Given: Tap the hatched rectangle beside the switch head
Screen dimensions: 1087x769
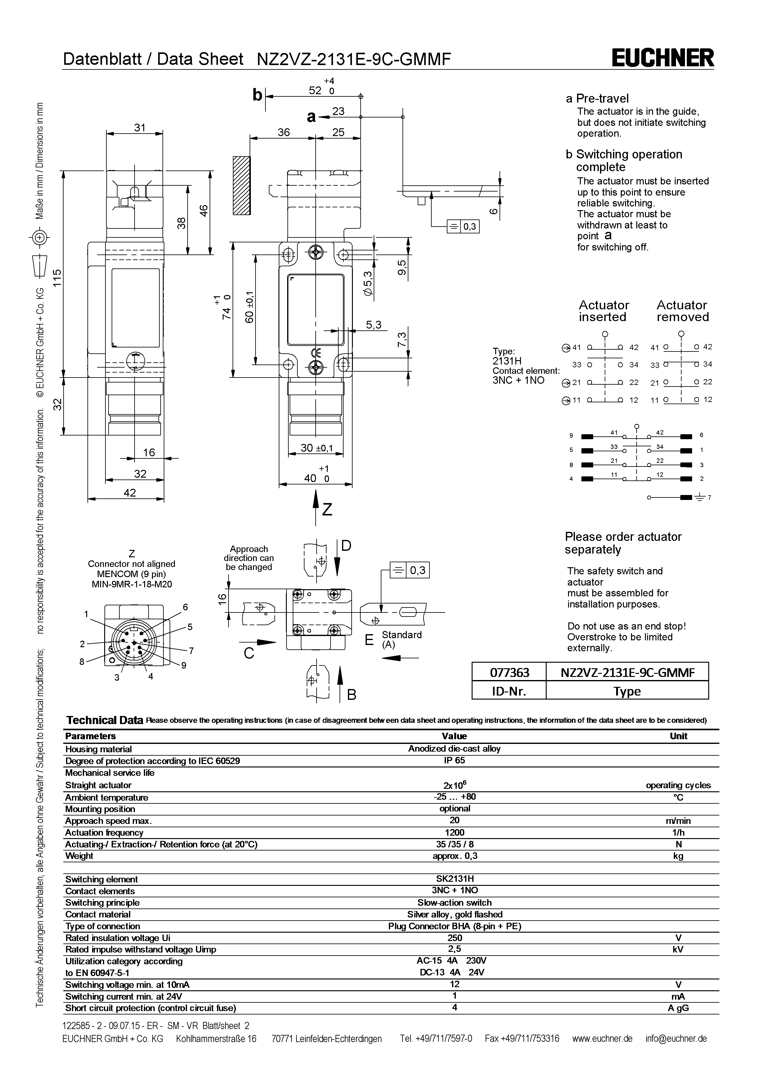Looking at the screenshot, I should click(242, 186).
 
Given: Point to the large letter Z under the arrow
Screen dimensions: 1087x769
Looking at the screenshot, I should click(327, 510).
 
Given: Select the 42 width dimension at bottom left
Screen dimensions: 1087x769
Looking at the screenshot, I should click(130, 493).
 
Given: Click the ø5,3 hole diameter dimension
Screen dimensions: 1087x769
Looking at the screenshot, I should click(368, 283).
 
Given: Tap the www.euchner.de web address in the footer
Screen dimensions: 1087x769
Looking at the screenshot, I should click(602, 1039).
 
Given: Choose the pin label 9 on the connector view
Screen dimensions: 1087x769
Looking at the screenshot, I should click(184, 665).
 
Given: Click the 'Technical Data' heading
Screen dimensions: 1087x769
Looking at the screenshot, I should click(104, 720).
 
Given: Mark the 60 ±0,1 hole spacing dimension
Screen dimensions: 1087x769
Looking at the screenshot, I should click(250, 308).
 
